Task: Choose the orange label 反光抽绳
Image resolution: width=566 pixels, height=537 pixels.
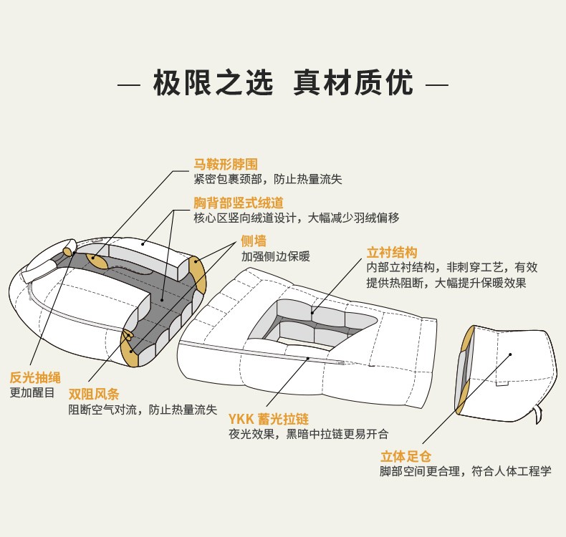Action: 35,377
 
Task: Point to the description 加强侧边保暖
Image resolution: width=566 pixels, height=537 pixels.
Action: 275,256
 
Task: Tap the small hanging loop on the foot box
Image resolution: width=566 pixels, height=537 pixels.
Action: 537,415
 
